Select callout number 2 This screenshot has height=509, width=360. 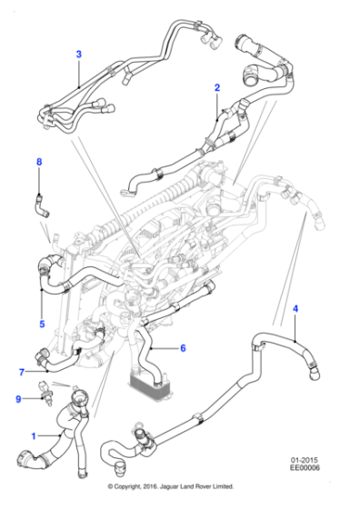217,88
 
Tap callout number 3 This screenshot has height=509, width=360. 78,55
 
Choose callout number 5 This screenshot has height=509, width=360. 41,323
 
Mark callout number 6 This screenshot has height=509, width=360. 182,347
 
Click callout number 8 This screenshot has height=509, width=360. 38,162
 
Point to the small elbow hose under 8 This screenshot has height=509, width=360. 42,205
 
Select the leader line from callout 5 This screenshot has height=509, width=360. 41,303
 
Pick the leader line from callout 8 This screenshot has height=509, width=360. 38,179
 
